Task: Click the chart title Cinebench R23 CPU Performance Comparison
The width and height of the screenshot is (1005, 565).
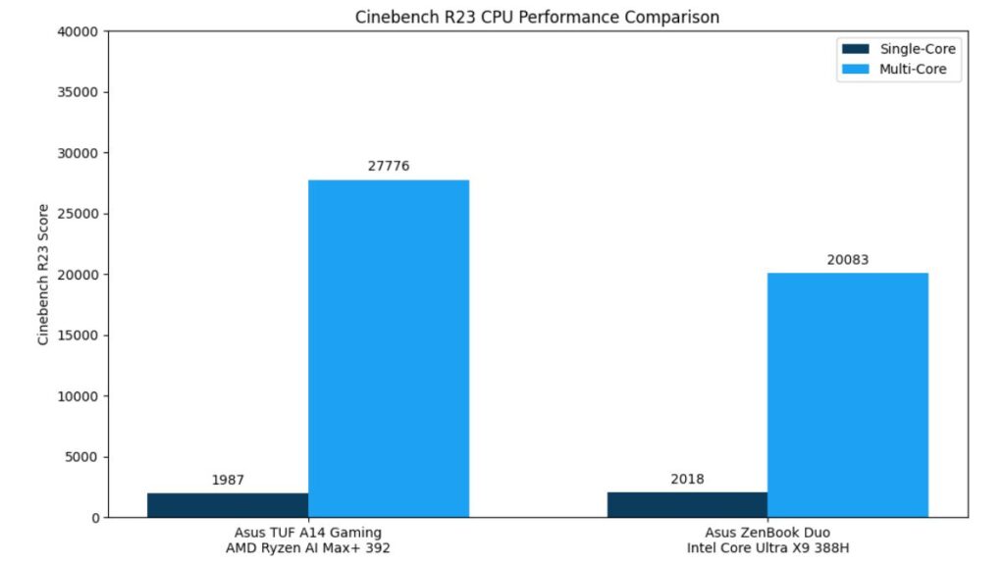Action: pyautogui.click(x=537, y=17)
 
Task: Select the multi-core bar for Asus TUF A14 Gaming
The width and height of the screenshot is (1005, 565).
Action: pyautogui.click(x=389, y=348)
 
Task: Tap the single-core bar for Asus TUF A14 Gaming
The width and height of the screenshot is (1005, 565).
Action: pyautogui.click(x=228, y=505)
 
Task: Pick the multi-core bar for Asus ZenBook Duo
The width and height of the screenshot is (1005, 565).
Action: pyautogui.click(x=847, y=394)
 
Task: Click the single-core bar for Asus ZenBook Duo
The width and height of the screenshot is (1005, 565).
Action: pyautogui.click(x=687, y=504)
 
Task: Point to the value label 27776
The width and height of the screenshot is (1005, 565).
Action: pyautogui.click(x=389, y=166)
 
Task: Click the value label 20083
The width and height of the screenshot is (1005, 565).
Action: pyautogui.click(x=847, y=260)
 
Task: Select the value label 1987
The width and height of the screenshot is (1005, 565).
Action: pyautogui.click(x=228, y=480)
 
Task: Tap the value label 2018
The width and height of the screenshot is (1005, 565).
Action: pyautogui.click(x=687, y=480)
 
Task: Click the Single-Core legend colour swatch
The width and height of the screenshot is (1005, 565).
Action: pyautogui.click(x=855, y=49)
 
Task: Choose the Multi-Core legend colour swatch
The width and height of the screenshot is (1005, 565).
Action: pyautogui.click(x=855, y=70)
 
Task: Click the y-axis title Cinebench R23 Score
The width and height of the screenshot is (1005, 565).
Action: pyautogui.click(x=43, y=275)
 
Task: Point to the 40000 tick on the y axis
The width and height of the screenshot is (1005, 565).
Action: pyautogui.click(x=78, y=31)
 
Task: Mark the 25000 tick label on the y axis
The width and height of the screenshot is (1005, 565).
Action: pyautogui.click(x=78, y=214)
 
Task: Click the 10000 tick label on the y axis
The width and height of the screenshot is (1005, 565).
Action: pyautogui.click(x=78, y=396)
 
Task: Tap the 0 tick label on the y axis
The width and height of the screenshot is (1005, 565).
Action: pyautogui.click(x=94, y=518)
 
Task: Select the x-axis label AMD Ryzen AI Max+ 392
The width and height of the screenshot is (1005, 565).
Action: pyautogui.click(x=307, y=548)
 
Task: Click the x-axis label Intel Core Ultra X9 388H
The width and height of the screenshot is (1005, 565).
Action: pyautogui.click(x=767, y=548)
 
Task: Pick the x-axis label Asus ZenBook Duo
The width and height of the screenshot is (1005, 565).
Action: pyautogui.click(x=767, y=533)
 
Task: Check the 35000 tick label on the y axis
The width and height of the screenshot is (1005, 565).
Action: pyautogui.click(x=78, y=92)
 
